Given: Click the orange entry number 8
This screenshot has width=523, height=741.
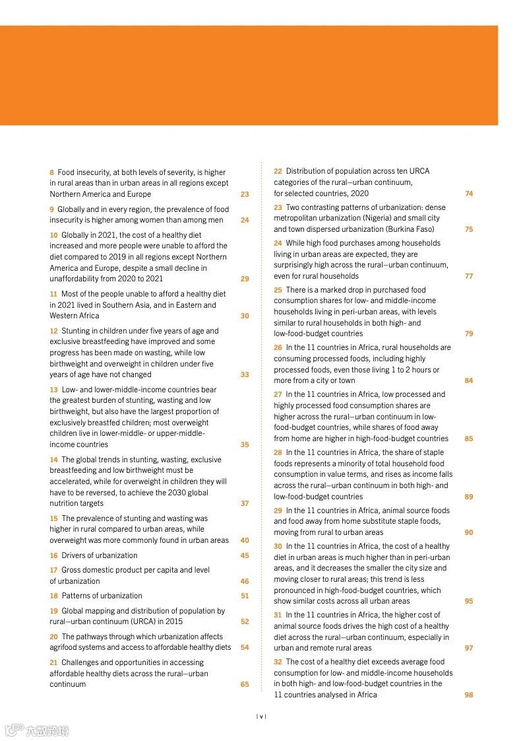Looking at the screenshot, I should click(x=52, y=172).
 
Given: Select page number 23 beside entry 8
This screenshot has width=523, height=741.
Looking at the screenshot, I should click(x=245, y=194).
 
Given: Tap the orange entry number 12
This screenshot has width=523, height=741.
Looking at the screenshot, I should click(x=53, y=331).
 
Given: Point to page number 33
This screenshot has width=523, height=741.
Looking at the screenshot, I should click(x=245, y=374).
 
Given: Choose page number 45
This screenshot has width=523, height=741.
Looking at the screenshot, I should click(x=245, y=555).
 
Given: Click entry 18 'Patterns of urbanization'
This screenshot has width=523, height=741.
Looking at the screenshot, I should click(x=96, y=596).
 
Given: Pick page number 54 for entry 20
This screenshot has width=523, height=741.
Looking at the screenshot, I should click(x=245, y=647).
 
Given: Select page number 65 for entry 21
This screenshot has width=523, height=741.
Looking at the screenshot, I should click(x=245, y=684).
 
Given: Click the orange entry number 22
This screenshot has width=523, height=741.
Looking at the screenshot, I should click(x=278, y=171).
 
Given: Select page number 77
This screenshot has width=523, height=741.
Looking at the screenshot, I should click(x=468, y=276).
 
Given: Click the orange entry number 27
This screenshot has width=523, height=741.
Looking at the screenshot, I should click(x=278, y=394).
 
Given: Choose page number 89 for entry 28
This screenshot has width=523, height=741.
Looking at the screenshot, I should click(x=468, y=497).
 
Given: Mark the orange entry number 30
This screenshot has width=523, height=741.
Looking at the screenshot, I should click(x=278, y=546).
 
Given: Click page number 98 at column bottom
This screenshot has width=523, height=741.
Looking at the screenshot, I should click(x=468, y=695).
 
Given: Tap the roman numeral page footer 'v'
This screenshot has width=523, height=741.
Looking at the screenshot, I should click(x=261, y=716).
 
